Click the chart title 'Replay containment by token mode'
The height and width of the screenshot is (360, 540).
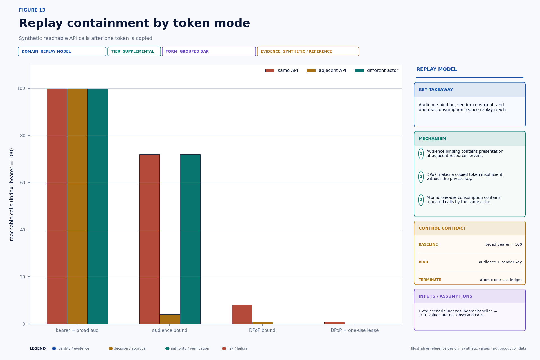coord(134,23)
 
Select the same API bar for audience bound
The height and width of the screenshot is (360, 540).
coord(149,239)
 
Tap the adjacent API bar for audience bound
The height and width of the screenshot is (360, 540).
coord(170,319)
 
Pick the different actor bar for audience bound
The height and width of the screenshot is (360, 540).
coord(190,239)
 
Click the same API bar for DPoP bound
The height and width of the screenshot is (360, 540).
coord(242,314)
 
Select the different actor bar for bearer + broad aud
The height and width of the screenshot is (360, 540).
coord(98,206)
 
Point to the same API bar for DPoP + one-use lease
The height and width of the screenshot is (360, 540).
coord(334,323)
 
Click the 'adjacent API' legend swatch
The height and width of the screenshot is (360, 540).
coord(311,71)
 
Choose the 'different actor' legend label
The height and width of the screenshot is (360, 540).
coord(382,71)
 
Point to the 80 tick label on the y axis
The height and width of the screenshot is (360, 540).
coord(22,136)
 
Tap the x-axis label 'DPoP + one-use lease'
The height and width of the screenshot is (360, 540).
coord(355,330)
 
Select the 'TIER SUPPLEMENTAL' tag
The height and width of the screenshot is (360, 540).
coord(134,51)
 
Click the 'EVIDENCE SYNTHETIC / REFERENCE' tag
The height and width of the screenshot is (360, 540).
coord(308,51)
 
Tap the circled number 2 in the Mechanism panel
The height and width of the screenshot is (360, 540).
coord(421,177)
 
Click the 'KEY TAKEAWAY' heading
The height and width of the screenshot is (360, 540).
coord(436,90)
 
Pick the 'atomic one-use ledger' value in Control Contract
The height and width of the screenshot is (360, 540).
coord(501,280)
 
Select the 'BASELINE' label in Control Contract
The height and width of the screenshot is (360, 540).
coord(428,244)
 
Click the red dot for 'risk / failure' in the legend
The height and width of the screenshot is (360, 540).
coord(224,348)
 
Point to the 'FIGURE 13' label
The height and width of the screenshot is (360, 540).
coord(32,10)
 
